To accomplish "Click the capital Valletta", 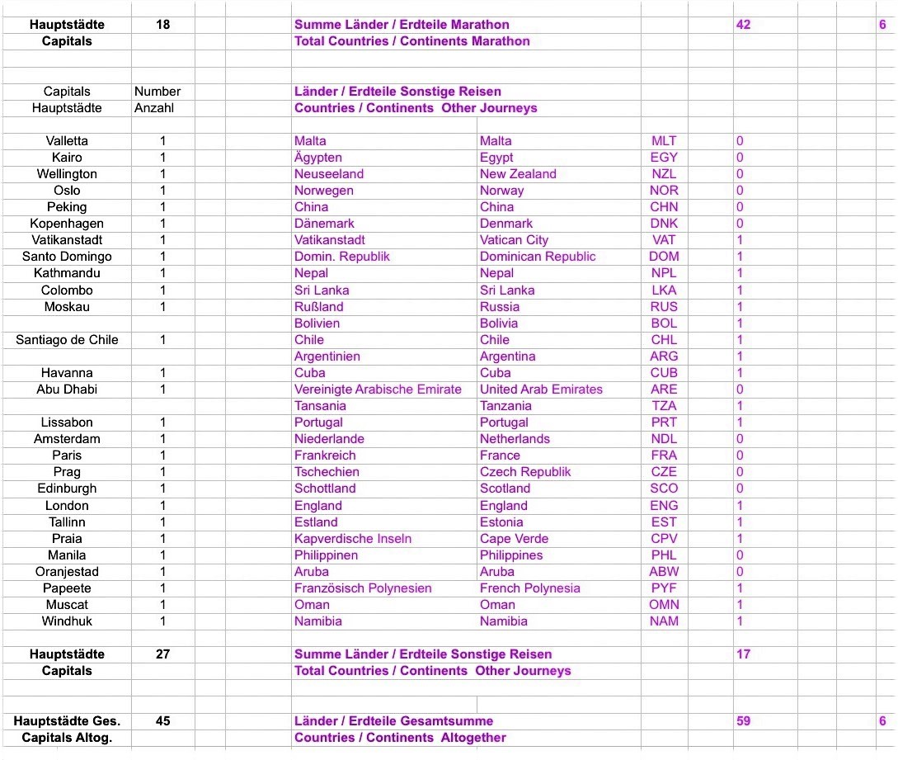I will pos(67,141).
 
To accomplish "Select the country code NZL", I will pos(664,174).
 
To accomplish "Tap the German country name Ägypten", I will pos(318,158).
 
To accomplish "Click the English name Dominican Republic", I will pos(538,257).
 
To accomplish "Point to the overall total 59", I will pos(743,721).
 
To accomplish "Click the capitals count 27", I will pos(163,654).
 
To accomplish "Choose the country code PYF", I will pos(664,588).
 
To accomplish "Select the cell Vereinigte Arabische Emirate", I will pos(378,389).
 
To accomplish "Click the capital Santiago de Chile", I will pos(67,340).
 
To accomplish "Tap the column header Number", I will pos(158,92).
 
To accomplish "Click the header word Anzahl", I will pos(154,108).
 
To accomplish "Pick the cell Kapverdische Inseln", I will pos(353,539).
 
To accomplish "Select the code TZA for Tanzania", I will pos(664,406).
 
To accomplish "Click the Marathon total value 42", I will pos(743,25).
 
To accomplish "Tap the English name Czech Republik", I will pos(525,472).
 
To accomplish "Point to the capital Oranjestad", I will pos(67,572).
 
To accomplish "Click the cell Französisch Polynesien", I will pos(363,588).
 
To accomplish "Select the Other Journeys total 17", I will pos(743,654).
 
